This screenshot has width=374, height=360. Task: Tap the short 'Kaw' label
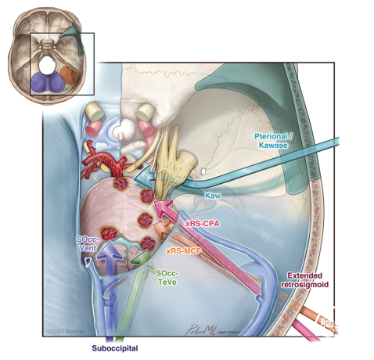tap(213, 196)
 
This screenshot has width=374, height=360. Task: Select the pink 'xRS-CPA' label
tap(203, 224)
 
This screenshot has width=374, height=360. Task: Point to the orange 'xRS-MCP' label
tap(184, 251)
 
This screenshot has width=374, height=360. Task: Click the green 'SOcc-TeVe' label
tap(167, 278)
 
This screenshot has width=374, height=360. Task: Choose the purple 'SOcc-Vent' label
tap(88, 243)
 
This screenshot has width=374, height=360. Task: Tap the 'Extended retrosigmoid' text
tap(304, 279)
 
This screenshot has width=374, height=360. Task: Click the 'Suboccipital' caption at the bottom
tap(115, 348)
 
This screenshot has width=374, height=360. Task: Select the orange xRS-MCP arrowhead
tap(162, 228)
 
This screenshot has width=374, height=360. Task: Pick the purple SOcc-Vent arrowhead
tap(110, 250)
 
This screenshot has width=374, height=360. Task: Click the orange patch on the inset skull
tap(70, 75)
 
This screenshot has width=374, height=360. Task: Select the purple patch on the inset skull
tap(47, 82)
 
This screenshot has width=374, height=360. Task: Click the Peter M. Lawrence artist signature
tap(212, 329)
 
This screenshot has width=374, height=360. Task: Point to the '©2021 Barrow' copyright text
tap(65, 331)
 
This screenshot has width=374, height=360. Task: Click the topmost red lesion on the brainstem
tap(120, 183)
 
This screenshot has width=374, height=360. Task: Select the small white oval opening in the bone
tap(204, 171)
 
